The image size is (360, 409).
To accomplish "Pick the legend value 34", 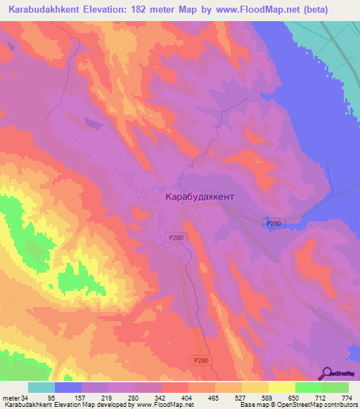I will (x=29, y=397).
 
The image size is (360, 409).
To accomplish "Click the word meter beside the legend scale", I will (x=13, y=397).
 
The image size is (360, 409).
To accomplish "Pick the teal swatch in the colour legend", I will (x=41, y=387).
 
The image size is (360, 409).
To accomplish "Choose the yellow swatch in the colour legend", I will (x=282, y=387).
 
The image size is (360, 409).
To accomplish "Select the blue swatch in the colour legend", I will (x=68, y=387).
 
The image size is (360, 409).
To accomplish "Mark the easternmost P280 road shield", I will (x=274, y=223).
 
